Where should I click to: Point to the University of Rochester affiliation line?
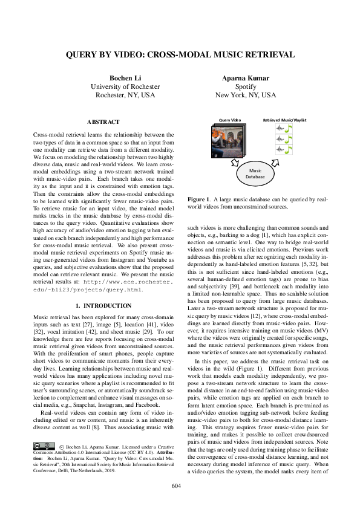click(x=124, y=87)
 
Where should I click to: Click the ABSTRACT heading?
click(x=103, y=122)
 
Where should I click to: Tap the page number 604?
click(x=180, y=485)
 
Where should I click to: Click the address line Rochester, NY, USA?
click(x=124, y=96)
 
